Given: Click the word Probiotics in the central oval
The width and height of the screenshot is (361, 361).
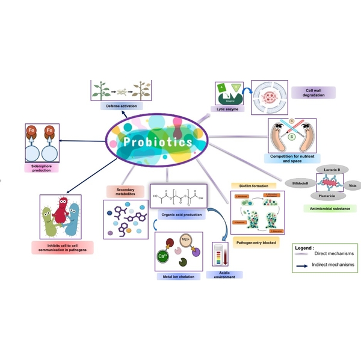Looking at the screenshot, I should point(156,143).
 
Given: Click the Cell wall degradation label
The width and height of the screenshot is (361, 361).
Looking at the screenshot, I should point(312,92).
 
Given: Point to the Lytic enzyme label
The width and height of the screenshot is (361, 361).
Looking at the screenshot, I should point(228,109).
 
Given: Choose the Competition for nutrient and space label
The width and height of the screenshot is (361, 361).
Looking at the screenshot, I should point(291,158).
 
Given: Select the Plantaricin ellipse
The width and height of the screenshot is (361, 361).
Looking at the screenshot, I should point(328,195).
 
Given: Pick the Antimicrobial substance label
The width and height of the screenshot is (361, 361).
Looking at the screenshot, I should point(329,208).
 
